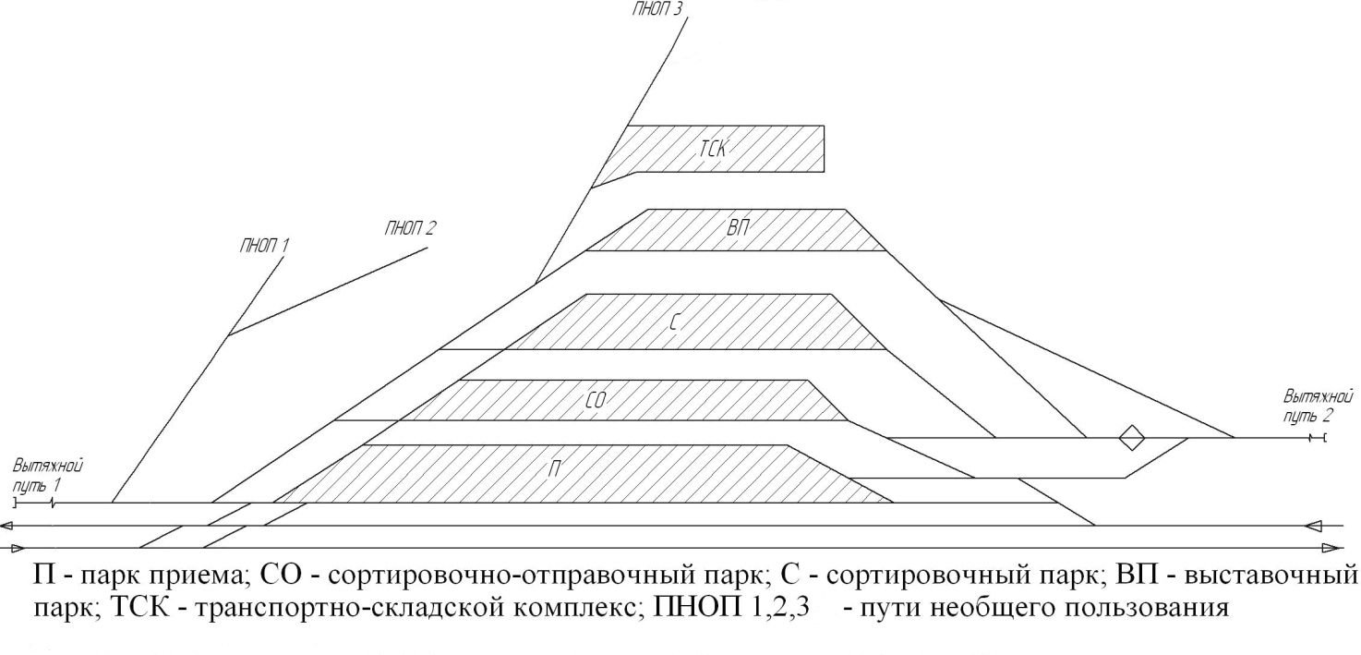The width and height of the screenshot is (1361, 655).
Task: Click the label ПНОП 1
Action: point(264,246)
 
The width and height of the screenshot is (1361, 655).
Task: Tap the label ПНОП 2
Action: point(410,229)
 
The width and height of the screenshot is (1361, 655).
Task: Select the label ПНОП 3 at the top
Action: point(656,9)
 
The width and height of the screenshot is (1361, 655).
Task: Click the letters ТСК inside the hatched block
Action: point(712,149)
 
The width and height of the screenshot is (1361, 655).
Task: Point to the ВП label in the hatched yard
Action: point(738,229)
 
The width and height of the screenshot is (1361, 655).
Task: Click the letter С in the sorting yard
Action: point(673,321)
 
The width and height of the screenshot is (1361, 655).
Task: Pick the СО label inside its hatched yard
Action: point(596,400)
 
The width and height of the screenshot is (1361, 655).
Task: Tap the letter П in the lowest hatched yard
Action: point(554,469)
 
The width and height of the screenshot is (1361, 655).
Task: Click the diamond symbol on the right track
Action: point(1131,437)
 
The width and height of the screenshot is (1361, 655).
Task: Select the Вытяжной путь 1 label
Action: point(47,476)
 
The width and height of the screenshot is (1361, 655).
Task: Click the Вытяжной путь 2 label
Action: point(1318,406)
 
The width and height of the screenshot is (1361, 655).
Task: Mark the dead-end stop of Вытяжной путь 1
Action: point(15,503)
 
